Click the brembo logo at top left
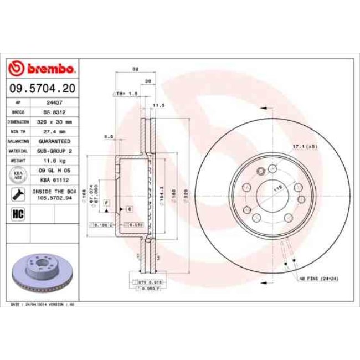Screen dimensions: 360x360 42,69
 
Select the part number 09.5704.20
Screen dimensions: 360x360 42,88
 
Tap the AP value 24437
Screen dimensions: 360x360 54,102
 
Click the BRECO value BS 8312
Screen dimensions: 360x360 54,112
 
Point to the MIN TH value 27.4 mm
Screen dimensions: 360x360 54,132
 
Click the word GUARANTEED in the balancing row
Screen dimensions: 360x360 54,141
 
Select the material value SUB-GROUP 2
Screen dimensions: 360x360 54,151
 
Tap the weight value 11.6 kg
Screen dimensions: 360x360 54,160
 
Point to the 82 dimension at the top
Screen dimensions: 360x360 135,70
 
